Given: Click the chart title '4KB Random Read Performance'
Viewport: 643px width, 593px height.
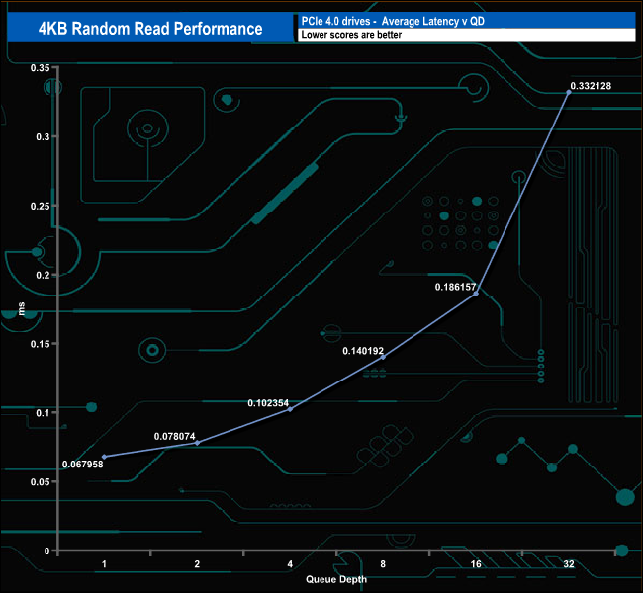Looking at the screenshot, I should (x=144, y=28).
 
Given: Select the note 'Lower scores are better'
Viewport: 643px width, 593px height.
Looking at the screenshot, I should (x=350, y=35).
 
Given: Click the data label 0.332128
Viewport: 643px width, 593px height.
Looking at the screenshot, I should (x=591, y=86).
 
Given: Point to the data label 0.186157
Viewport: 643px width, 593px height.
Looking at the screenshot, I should (x=456, y=287).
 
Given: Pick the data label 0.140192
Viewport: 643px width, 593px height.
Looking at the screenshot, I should (x=363, y=351).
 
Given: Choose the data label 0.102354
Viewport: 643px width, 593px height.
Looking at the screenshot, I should (x=268, y=403).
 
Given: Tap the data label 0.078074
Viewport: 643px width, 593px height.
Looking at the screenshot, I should (x=175, y=436).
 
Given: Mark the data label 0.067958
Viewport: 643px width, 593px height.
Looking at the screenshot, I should (x=82, y=465).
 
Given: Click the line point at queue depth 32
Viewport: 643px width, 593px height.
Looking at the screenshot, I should (x=569, y=92).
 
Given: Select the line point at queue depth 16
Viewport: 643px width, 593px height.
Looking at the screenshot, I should (x=476, y=294).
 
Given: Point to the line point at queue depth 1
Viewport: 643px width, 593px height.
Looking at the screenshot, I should (x=104, y=457).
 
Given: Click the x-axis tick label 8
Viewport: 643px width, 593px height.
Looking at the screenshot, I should (x=383, y=564).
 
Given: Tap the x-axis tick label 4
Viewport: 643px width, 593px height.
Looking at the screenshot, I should (x=290, y=564).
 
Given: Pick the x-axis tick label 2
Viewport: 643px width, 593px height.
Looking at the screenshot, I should (x=197, y=564).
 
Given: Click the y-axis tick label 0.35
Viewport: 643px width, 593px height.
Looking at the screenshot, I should (x=41, y=68).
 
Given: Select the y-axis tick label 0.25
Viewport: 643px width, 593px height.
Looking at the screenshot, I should (x=41, y=206).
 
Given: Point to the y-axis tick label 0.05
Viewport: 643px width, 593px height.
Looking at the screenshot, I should (x=41, y=481).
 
